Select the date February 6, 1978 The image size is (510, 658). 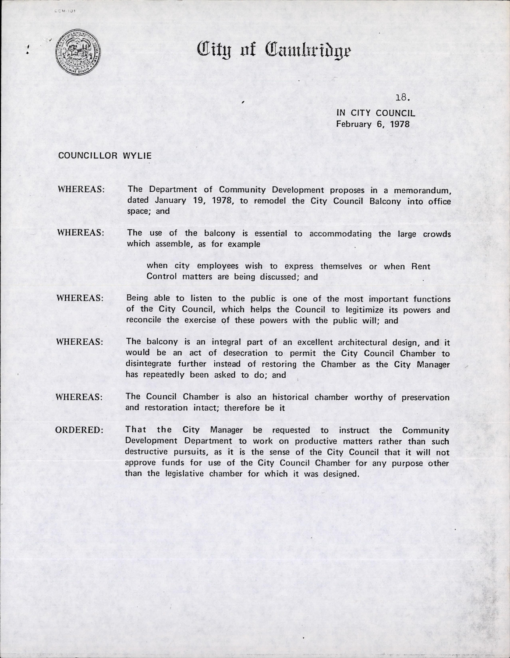click(372, 124)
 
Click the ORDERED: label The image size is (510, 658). click(79, 430)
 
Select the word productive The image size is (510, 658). click(296, 441)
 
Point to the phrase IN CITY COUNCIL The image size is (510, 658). click(375, 113)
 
